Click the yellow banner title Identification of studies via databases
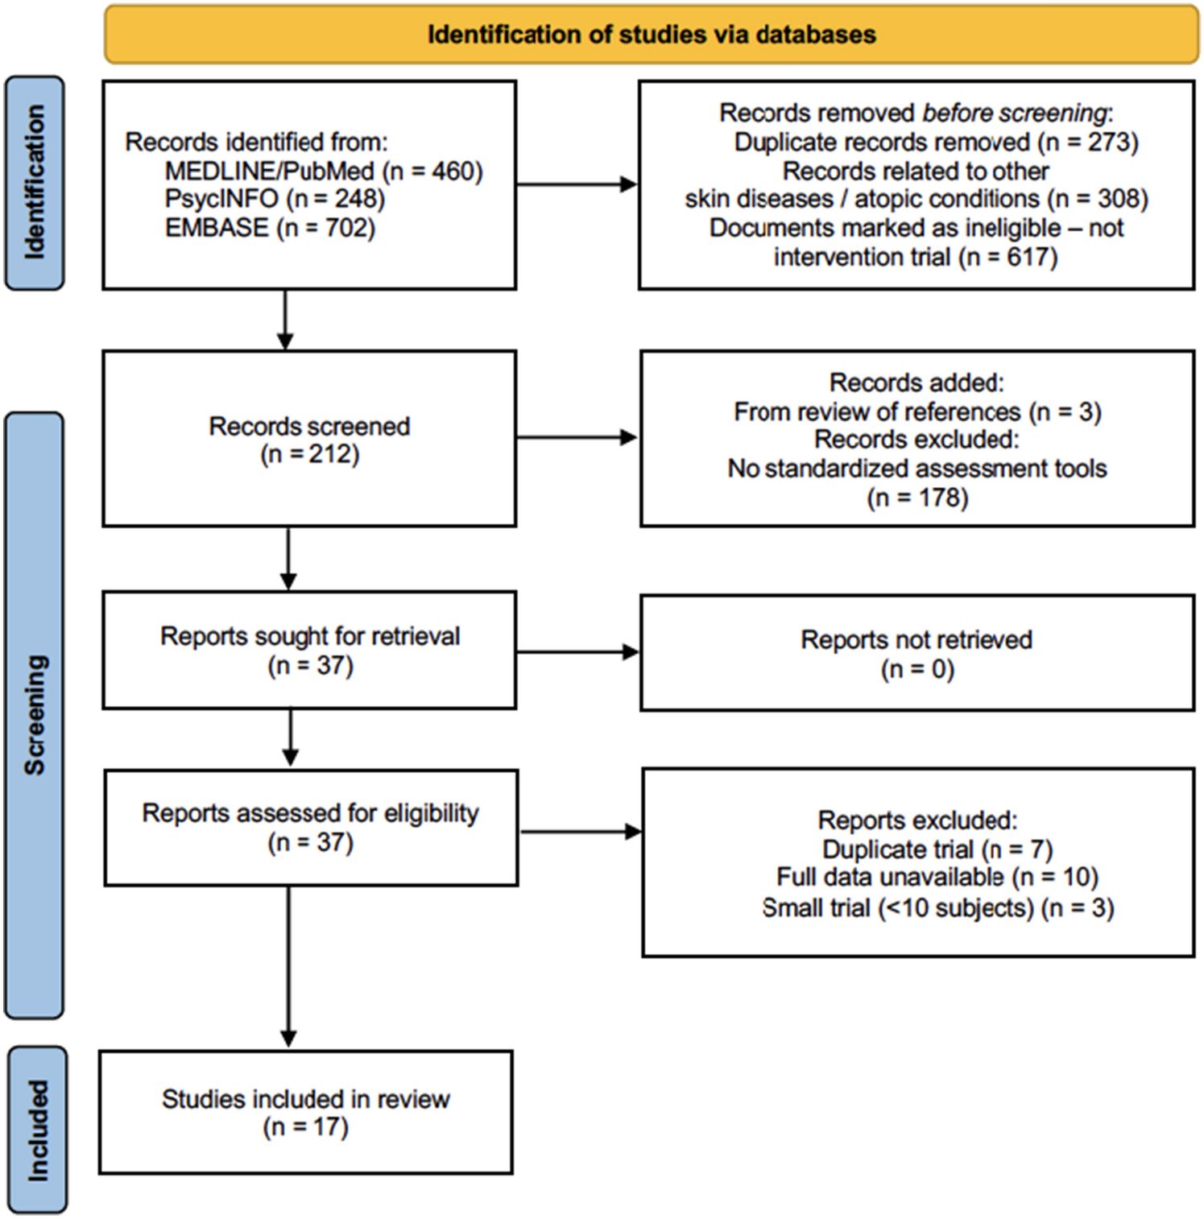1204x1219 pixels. (651, 35)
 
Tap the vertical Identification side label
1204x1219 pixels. (35, 183)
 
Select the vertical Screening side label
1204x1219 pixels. (35, 715)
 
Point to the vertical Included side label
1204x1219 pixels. (37, 1130)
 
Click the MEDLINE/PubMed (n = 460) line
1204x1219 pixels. (324, 171)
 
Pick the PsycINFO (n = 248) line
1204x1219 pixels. (275, 199)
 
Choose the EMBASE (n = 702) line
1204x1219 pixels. (270, 228)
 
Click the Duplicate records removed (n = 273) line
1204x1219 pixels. (936, 143)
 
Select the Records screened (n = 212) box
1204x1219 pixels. (309, 440)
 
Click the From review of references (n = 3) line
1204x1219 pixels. (917, 412)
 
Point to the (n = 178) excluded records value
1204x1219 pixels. (917, 498)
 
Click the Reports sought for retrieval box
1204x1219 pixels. (309, 651)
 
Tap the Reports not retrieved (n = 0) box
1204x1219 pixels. (916, 654)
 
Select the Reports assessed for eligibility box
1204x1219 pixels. (310, 828)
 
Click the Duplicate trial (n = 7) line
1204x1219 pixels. (937, 849)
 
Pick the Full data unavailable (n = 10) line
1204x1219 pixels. (937, 878)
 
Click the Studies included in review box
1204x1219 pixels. (305, 1113)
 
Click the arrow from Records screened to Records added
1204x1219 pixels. (577, 438)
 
